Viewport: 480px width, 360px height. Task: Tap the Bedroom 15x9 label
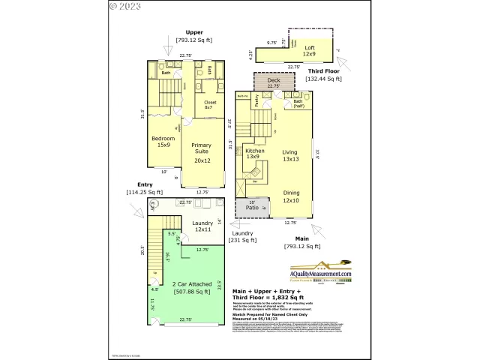coord(163,141)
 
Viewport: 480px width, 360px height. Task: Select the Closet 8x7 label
coord(209,105)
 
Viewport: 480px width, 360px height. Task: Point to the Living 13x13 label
coord(290,155)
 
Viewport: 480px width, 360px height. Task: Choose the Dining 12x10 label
coord(290,196)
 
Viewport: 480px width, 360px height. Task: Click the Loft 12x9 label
coord(309,52)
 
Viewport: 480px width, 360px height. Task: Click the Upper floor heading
coord(194,32)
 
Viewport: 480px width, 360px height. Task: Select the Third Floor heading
coord(323,70)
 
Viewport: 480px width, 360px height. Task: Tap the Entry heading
coord(145,184)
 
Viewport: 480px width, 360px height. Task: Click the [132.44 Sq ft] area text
coord(323,79)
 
